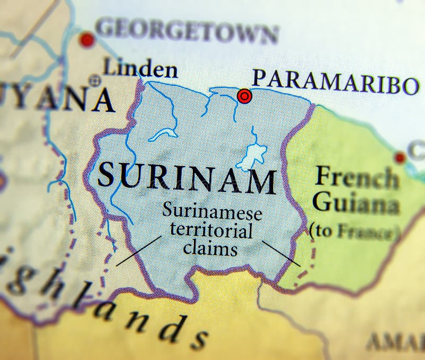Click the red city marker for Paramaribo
pos(244,96)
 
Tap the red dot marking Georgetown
pos(87,39)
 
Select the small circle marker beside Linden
pos(95,81)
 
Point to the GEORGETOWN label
pos(187,31)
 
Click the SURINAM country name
pos(187,178)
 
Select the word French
pos(356,178)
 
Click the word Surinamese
pos(212,212)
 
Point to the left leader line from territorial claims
pos(139,251)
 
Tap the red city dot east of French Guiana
pos(400,157)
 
